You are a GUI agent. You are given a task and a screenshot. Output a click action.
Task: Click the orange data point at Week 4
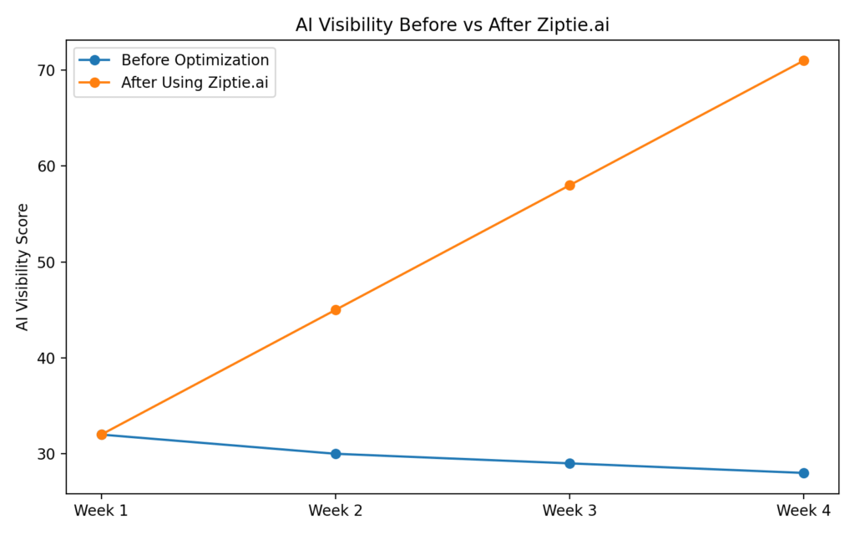pyautogui.click(x=803, y=60)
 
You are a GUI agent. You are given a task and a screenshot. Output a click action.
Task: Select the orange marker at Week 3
pyautogui.click(x=569, y=185)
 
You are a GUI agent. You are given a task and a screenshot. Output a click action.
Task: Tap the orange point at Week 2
pyautogui.click(x=336, y=310)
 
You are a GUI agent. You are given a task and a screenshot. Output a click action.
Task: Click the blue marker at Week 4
pyautogui.click(x=803, y=473)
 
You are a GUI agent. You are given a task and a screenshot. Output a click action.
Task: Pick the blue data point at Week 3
pyautogui.click(x=569, y=463)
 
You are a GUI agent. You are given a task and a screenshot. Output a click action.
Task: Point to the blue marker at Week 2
pyautogui.click(x=336, y=454)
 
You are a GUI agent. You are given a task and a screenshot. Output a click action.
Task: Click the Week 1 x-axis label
pyautogui.click(x=101, y=509)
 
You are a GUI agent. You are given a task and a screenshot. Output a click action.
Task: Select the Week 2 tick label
pyautogui.click(x=336, y=509)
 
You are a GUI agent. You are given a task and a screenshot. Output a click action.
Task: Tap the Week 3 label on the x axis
pyautogui.click(x=569, y=509)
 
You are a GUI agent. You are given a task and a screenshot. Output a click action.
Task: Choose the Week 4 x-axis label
pyautogui.click(x=803, y=509)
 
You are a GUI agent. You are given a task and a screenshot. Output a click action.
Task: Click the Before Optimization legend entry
pyautogui.click(x=195, y=60)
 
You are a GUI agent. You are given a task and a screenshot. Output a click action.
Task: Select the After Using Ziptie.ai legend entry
pyautogui.click(x=198, y=82)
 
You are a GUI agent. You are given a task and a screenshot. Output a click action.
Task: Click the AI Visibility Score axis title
pyautogui.click(x=23, y=267)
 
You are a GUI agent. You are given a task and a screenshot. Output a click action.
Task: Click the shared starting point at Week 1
pyautogui.click(x=101, y=435)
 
